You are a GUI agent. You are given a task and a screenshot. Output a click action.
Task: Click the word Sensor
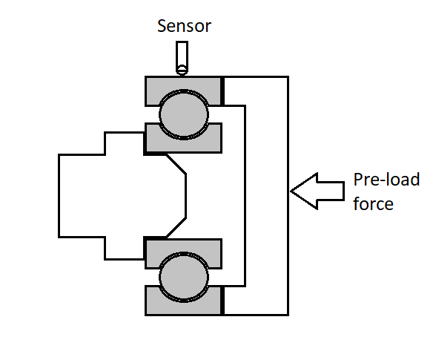pos(184,27)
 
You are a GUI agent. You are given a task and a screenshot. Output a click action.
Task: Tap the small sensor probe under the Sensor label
pos(181,57)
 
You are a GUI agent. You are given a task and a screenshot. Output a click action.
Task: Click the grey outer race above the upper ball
pos(182,82)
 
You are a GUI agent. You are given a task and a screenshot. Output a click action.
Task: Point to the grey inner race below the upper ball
pos(182,143)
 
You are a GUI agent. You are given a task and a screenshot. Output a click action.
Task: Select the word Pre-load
pos(386,180)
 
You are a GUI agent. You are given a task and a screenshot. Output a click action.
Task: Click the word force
pos(373,203)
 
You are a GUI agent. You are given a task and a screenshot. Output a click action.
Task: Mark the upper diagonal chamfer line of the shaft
pos(176,165)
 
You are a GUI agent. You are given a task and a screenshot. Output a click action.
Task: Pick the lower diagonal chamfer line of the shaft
pos(176,227)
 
